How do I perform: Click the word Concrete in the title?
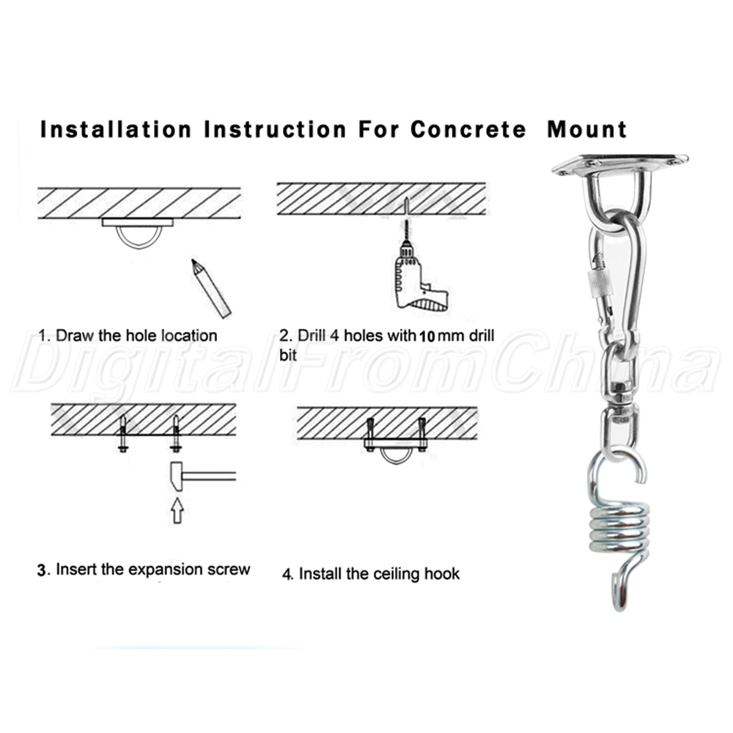[468, 130]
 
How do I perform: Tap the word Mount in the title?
[586, 130]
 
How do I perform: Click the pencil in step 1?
[210, 287]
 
